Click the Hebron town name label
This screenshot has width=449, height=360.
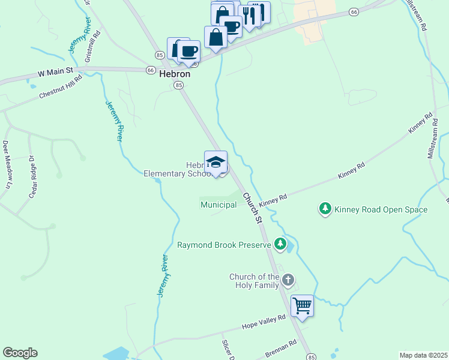coord(175,74)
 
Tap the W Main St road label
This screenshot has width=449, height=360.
coord(55,71)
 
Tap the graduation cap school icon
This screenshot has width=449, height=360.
coord(215,162)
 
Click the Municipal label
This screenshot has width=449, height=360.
coord(218,205)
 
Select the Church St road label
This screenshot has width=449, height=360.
coord(253,208)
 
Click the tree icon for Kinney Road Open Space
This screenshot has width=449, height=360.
coord(325,209)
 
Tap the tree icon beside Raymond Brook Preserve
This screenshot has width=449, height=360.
coord(280,244)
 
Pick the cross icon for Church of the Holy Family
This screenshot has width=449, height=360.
coord(288,280)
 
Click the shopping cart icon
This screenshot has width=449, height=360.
coord(302,305)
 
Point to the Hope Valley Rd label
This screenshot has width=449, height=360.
coord(263,322)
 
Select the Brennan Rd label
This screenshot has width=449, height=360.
coord(281,350)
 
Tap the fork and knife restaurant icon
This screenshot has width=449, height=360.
coord(249,14)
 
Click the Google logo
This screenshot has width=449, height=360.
coord(20,353)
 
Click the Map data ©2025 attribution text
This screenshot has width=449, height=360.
coord(423,355)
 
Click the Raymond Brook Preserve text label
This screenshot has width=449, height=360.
coord(224,245)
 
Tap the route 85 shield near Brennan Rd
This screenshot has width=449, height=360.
coord(311,357)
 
